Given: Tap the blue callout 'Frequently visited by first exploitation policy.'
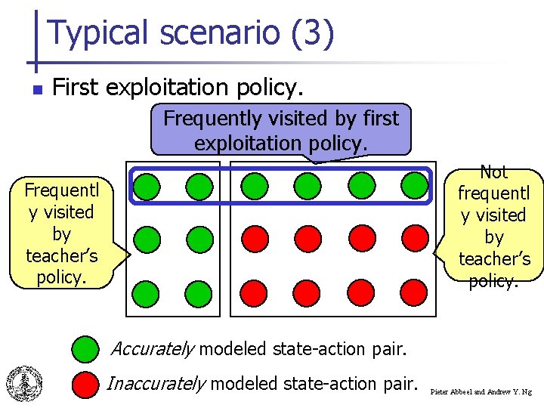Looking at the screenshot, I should [281, 130].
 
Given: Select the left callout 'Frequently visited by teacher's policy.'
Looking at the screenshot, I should [60, 233].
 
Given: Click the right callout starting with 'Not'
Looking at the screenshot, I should [493, 227].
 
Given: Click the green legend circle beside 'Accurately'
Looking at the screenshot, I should [86, 348].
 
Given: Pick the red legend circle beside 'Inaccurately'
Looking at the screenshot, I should [86, 384].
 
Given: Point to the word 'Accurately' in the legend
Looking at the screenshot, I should [153, 349].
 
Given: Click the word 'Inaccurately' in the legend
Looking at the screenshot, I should [156, 384].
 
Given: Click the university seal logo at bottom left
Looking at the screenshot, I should [24, 382].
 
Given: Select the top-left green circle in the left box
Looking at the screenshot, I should [148, 185].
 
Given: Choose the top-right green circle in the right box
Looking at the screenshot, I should [413, 185].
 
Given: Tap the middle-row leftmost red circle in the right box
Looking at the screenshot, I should [255, 239].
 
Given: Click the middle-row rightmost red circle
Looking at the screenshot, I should [413, 239].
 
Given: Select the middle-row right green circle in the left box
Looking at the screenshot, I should [198, 239].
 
